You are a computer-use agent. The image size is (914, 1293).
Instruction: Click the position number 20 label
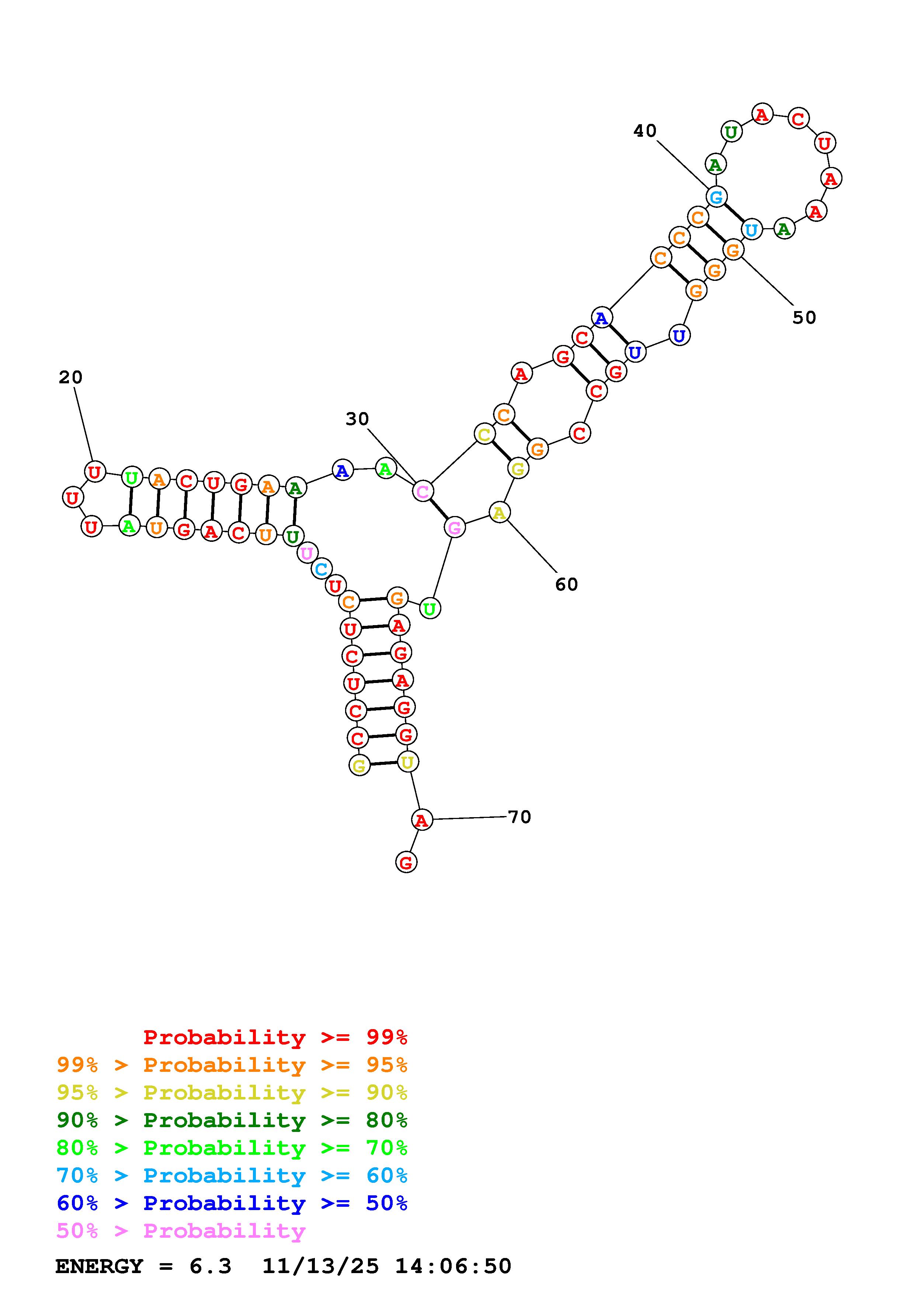tap(70, 377)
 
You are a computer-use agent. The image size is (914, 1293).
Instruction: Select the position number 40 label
tap(645, 130)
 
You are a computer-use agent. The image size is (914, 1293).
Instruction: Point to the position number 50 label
tap(804, 318)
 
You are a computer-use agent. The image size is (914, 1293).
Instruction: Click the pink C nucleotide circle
tap(423, 491)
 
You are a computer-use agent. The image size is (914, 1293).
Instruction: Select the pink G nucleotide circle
tap(454, 528)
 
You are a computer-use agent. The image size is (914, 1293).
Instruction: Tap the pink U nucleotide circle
tap(307, 553)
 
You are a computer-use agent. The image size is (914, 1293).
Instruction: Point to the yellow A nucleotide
tap(499, 512)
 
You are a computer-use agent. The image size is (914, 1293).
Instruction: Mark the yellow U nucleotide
tap(407, 762)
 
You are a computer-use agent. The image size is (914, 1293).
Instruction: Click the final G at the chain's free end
tap(406, 862)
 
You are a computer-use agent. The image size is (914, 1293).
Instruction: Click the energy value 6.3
tap(210, 1266)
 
